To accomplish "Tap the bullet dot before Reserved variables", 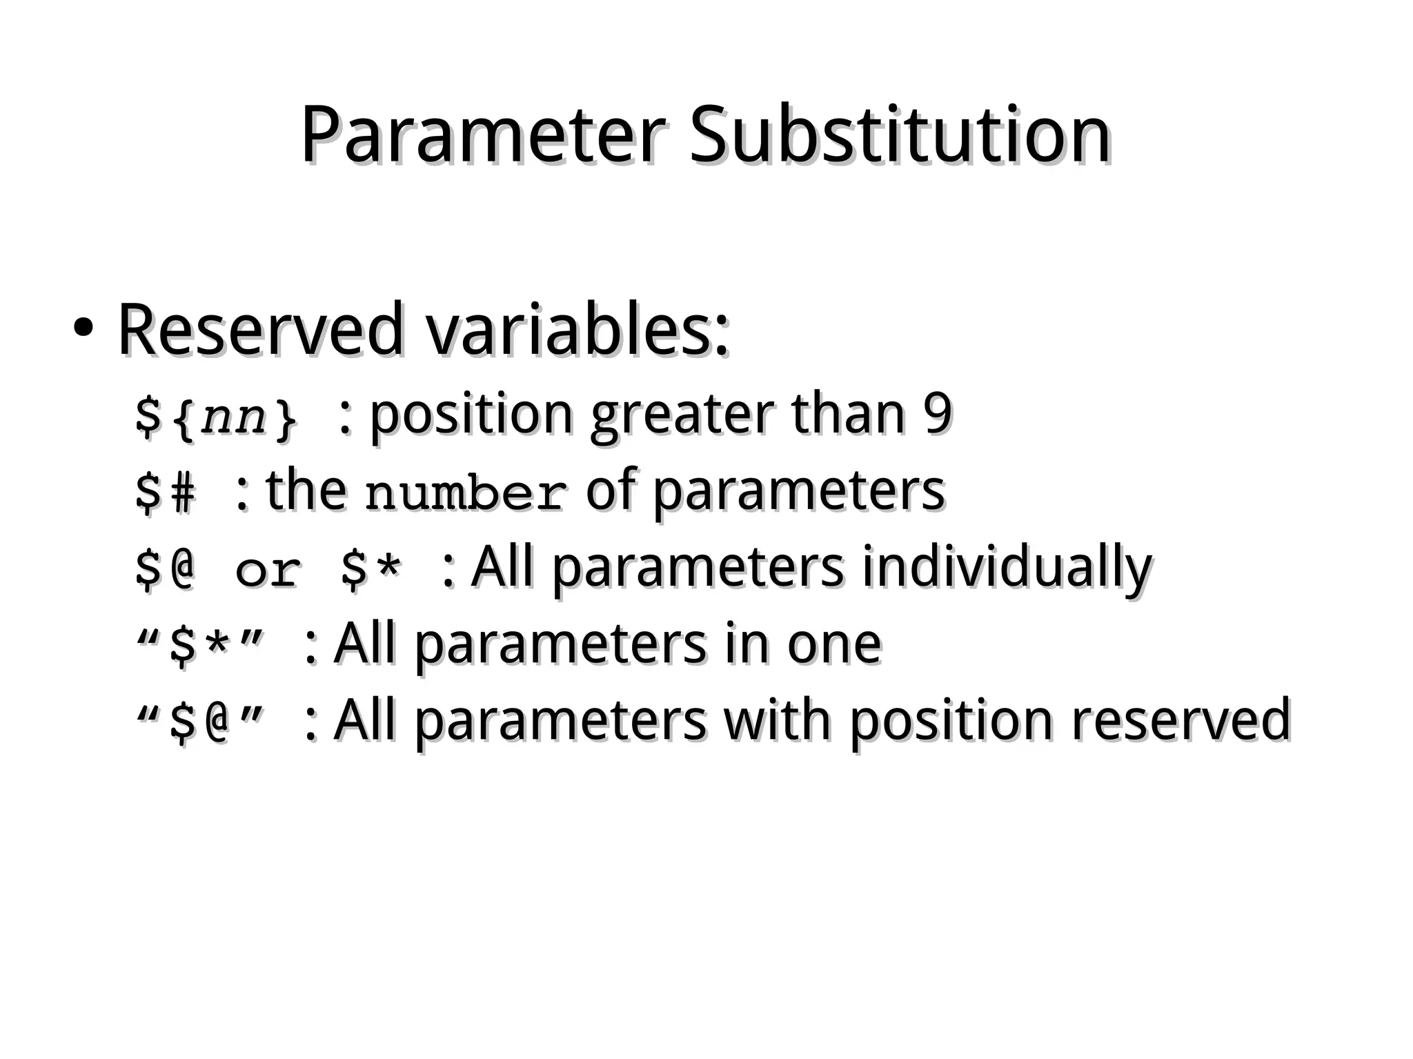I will click(x=82, y=330).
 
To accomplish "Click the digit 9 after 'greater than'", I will click(x=938, y=414).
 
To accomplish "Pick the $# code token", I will click(x=166, y=493).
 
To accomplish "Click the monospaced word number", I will click(x=466, y=493).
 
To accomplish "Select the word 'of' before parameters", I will click(x=610, y=490).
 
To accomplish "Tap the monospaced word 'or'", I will click(x=268, y=571).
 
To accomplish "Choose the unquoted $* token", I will click(x=370, y=570).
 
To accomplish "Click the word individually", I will click(x=1007, y=568).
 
